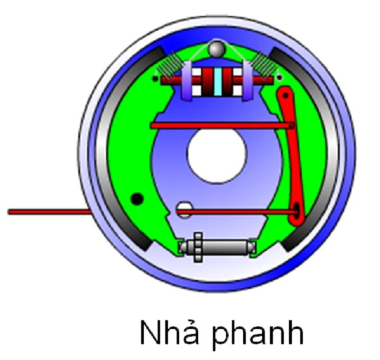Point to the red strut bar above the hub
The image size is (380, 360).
(222, 125)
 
